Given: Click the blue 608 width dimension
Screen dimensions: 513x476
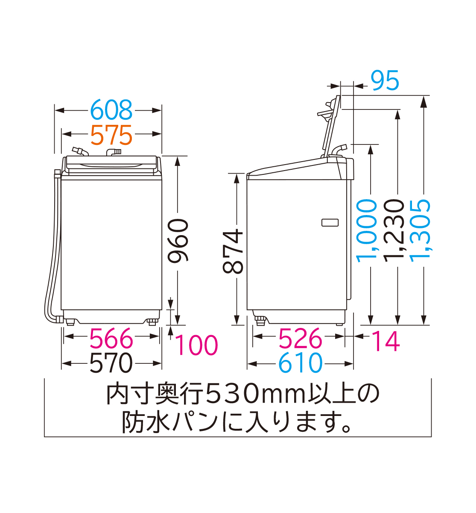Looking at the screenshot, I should (111, 110).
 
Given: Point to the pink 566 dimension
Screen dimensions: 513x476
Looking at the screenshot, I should (111, 339).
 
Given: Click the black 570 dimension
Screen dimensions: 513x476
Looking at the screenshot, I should (111, 363).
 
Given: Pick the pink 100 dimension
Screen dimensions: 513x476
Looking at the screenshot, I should (196, 345).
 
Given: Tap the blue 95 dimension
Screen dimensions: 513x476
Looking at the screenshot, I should (385, 81).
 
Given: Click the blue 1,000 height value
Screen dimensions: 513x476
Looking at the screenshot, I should (367, 229).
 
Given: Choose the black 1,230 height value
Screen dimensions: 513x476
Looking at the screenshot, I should (394, 229).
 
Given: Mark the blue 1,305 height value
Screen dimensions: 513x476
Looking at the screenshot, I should (421, 229).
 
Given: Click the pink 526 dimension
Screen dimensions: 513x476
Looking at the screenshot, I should (300, 339).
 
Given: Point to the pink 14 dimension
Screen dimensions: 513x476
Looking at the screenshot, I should (385, 341).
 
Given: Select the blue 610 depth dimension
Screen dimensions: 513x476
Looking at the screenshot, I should (300, 363).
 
